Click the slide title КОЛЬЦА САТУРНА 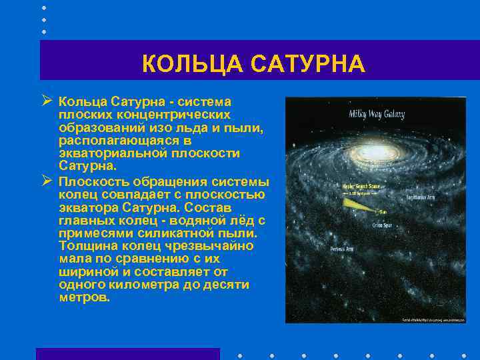(253, 64)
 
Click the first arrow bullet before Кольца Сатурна (46, 101)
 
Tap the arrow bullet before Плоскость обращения (46, 181)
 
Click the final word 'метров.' (84, 297)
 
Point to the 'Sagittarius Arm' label (423, 198)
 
